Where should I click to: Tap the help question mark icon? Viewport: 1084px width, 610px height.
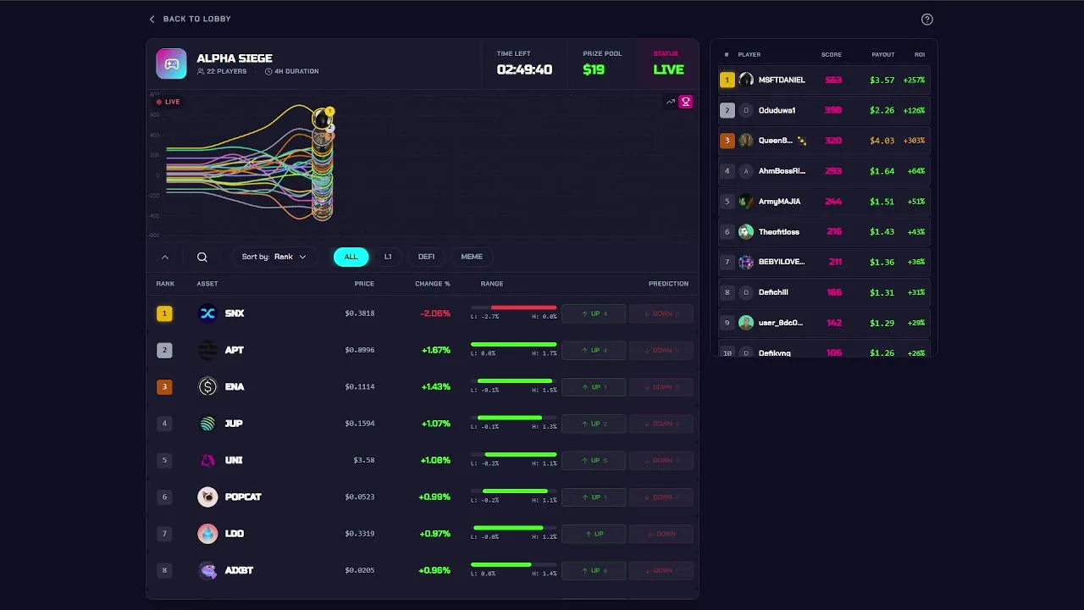(926, 19)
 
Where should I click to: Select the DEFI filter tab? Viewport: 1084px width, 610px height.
(426, 257)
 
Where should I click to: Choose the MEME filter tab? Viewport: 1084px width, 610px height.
(472, 257)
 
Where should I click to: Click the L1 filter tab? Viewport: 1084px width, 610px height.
(388, 257)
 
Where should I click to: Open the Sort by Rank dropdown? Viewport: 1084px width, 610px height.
(274, 257)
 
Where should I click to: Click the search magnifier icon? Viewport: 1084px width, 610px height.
(202, 257)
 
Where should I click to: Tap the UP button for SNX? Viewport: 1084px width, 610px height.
(594, 313)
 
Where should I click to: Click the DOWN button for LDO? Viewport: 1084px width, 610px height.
(661, 534)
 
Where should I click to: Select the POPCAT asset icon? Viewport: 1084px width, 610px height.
(207, 497)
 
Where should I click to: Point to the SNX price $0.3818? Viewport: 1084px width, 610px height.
(359, 313)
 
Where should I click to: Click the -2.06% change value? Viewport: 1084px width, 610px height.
(435, 313)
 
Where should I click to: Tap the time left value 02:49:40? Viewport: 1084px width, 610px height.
(524, 69)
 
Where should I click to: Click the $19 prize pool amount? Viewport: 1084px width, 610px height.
(594, 69)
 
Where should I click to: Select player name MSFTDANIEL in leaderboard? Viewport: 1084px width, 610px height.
(782, 80)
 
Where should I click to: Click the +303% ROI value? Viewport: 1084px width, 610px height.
(914, 141)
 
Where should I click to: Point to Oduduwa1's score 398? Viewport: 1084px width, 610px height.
(833, 110)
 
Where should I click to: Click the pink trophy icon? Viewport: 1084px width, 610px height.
(686, 102)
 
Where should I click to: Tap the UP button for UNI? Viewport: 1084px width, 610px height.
(594, 460)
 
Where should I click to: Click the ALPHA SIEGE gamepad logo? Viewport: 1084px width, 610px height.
(171, 64)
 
